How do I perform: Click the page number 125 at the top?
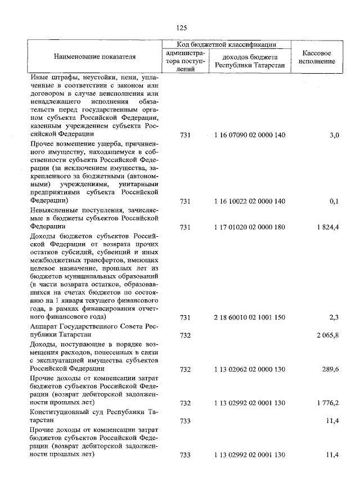tap(181, 28)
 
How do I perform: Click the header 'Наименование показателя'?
tap(94, 57)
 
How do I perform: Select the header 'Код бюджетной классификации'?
tap(226, 44)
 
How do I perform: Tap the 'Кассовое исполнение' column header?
tap(316, 57)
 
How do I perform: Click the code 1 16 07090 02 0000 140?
tap(250, 136)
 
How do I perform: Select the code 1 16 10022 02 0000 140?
tap(250, 201)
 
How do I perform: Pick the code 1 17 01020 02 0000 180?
tap(250, 227)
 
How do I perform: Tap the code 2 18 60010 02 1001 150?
tap(250, 318)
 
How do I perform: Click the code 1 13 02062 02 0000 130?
tap(250, 370)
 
